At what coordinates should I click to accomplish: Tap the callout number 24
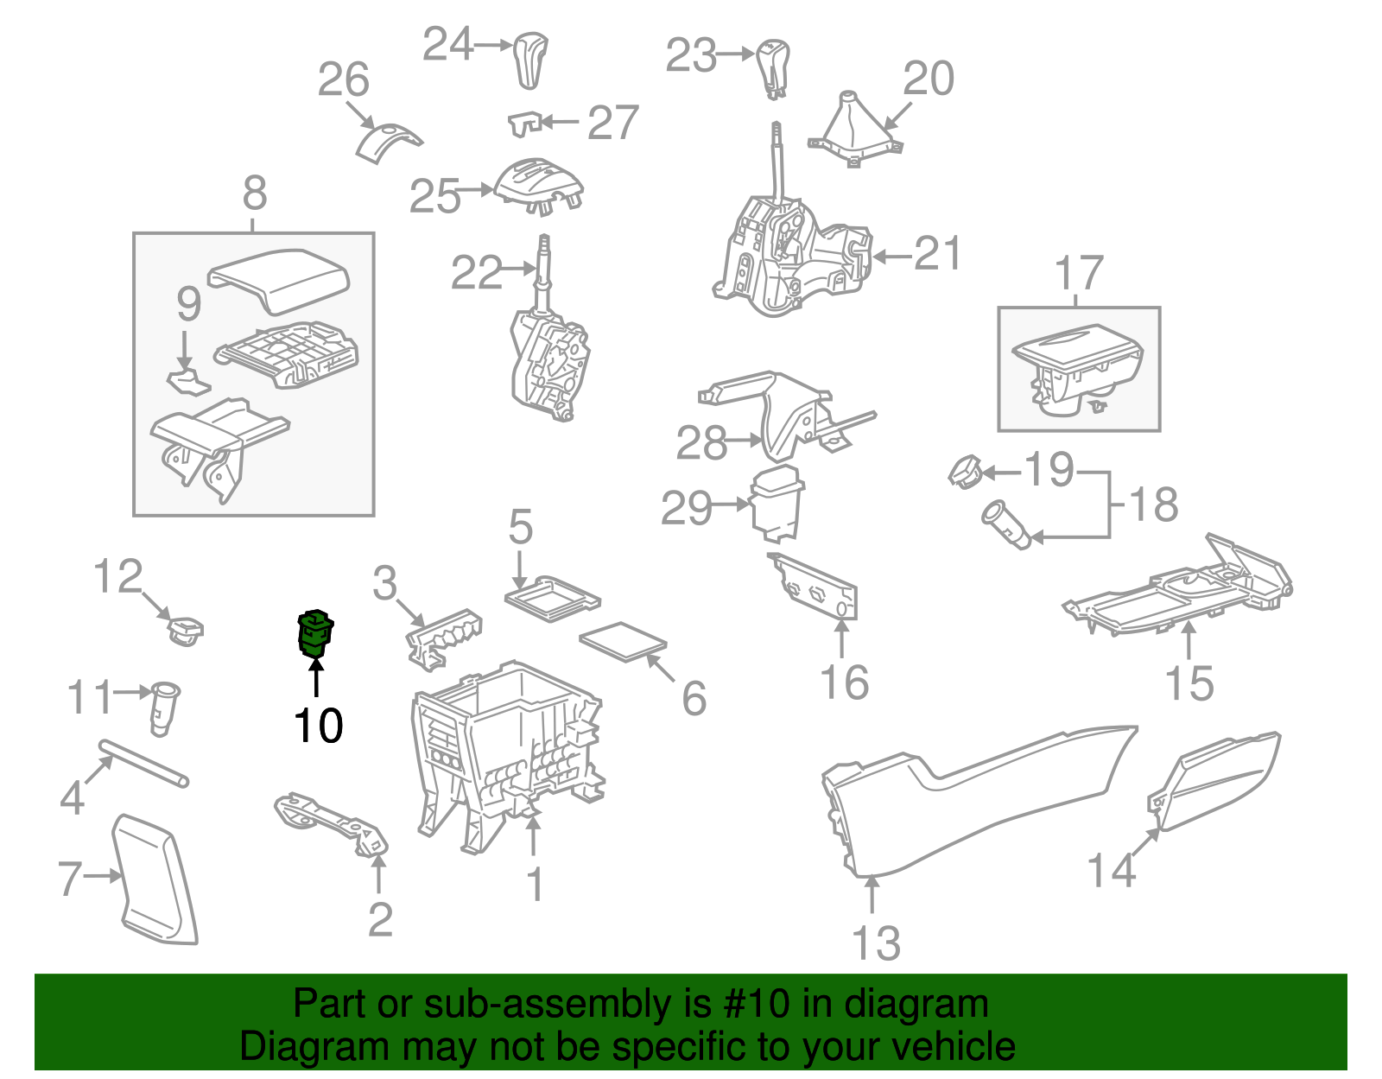(x=447, y=44)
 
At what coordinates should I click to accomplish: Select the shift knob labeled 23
(x=773, y=66)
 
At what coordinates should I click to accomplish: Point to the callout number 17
(x=1079, y=273)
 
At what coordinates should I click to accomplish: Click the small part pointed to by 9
(x=187, y=381)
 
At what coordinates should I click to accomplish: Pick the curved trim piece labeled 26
(x=385, y=142)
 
